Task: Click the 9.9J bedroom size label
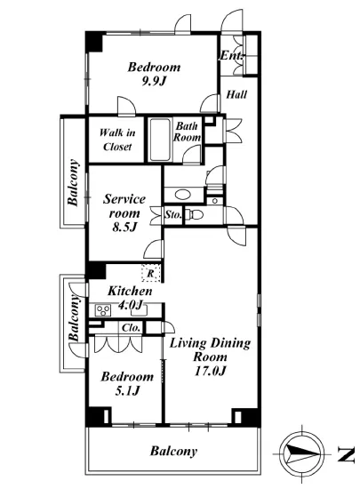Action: [x=154, y=81]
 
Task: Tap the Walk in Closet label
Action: [x=117, y=140]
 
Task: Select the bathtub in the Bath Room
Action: [x=159, y=140]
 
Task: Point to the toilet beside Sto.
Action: [x=194, y=214]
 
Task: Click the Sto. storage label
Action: [x=173, y=214]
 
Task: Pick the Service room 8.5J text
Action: [x=124, y=212]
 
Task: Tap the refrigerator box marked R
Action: [x=151, y=274]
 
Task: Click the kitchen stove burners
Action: [x=103, y=310]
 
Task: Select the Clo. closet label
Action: [x=131, y=328]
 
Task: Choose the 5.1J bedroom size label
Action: [x=127, y=390]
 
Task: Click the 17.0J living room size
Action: [x=210, y=371]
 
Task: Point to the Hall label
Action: [x=236, y=94]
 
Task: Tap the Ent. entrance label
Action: [x=231, y=56]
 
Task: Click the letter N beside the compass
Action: [x=346, y=454]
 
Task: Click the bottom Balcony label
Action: [x=173, y=451]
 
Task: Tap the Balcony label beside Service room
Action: [x=73, y=182]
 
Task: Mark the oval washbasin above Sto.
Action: [x=182, y=195]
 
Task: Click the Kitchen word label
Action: [x=130, y=291]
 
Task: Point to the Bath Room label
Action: [x=187, y=132]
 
